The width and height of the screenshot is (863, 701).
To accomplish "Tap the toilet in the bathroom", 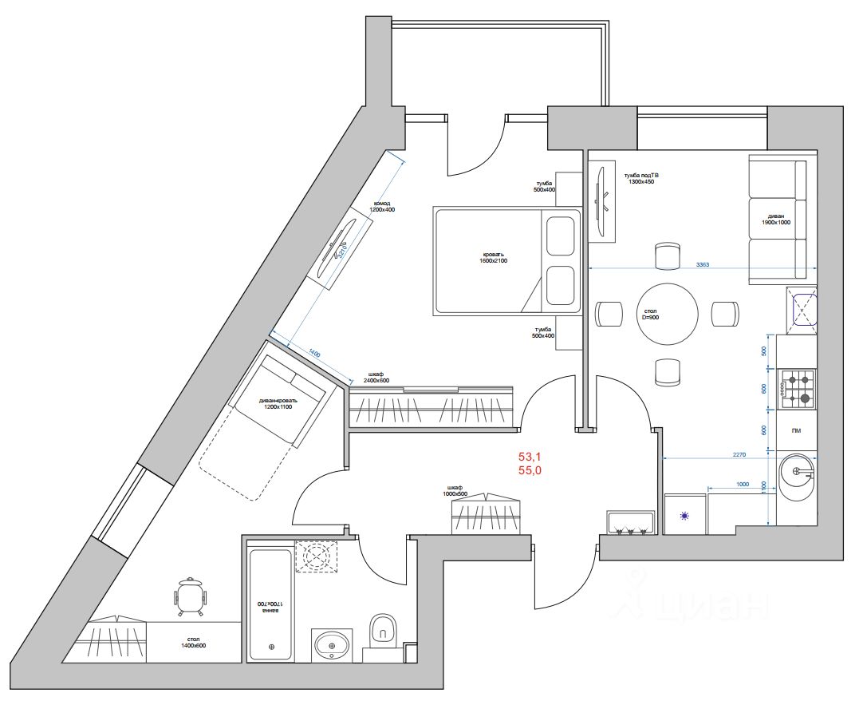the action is [384, 631].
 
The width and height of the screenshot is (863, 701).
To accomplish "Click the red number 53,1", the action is [530, 457].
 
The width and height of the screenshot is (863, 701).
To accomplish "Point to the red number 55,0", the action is [530, 471].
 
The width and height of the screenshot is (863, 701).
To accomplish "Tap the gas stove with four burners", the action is [797, 388].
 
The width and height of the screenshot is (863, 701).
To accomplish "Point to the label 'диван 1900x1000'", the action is [777, 220].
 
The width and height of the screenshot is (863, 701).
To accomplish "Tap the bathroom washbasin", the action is [331, 644].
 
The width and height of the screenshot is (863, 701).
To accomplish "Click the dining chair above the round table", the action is [667, 255].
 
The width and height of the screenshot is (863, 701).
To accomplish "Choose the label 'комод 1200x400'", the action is [382, 207].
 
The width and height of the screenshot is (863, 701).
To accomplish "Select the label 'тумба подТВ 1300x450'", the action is [643, 177].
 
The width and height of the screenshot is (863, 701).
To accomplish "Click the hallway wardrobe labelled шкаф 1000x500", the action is [486, 516].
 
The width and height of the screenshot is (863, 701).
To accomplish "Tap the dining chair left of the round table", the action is [610, 313].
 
